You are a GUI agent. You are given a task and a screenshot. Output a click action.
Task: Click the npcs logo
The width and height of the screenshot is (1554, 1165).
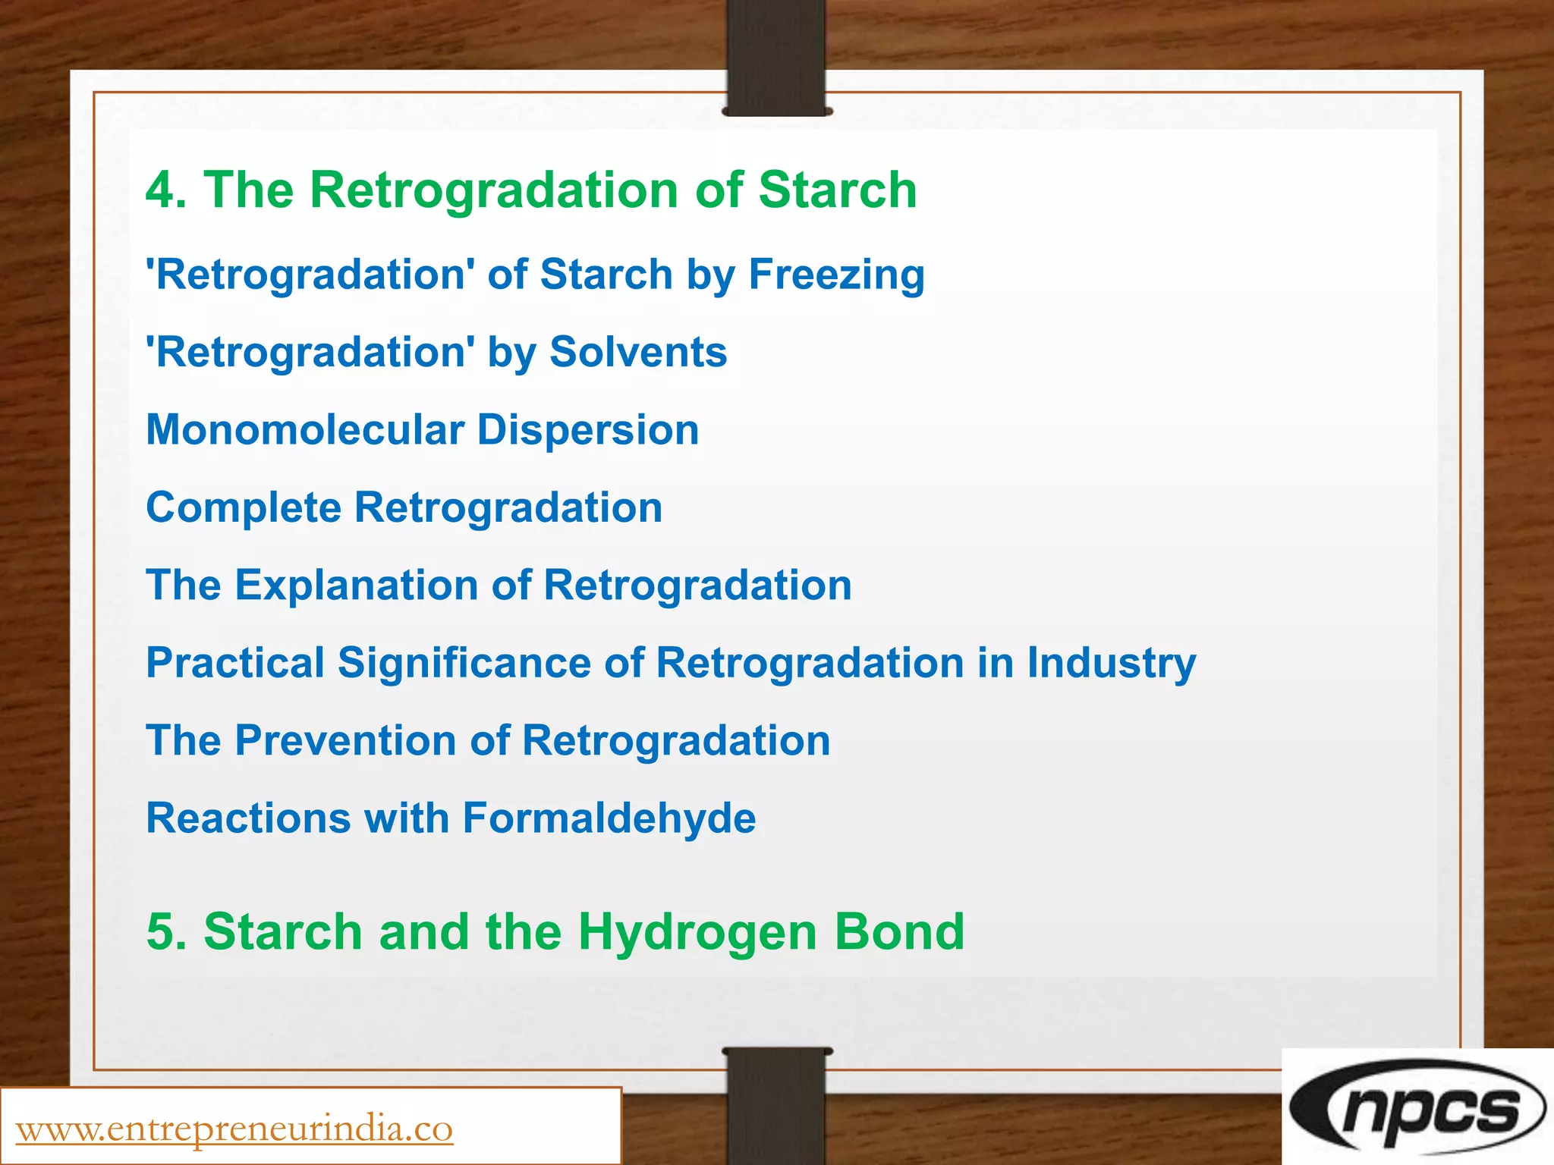click(1417, 1108)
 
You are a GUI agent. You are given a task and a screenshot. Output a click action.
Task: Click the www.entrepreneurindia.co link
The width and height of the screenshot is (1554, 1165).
click(234, 1129)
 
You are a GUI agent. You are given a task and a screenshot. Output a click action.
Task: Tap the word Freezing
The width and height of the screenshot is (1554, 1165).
click(836, 275)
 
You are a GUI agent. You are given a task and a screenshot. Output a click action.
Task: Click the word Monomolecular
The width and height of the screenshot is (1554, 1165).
click(304, 430)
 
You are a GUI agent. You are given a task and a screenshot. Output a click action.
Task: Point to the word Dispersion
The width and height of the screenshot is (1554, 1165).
click(587, 430)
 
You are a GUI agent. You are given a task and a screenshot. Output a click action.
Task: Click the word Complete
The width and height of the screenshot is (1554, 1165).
click(243, 508)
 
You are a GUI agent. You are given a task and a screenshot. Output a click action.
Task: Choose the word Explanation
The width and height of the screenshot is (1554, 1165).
click(356, 586)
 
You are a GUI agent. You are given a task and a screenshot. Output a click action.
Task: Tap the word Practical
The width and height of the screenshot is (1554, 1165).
click(234, 663)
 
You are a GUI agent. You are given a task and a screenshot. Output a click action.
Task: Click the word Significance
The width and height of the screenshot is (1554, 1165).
click(464, 663)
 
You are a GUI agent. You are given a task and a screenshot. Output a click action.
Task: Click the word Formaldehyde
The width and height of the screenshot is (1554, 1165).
click(609, 818)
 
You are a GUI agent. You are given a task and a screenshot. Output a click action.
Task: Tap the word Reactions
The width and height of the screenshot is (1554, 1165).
click(248, 818)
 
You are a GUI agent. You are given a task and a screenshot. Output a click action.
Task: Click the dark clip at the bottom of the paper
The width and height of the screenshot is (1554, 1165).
click(776, 1104)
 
